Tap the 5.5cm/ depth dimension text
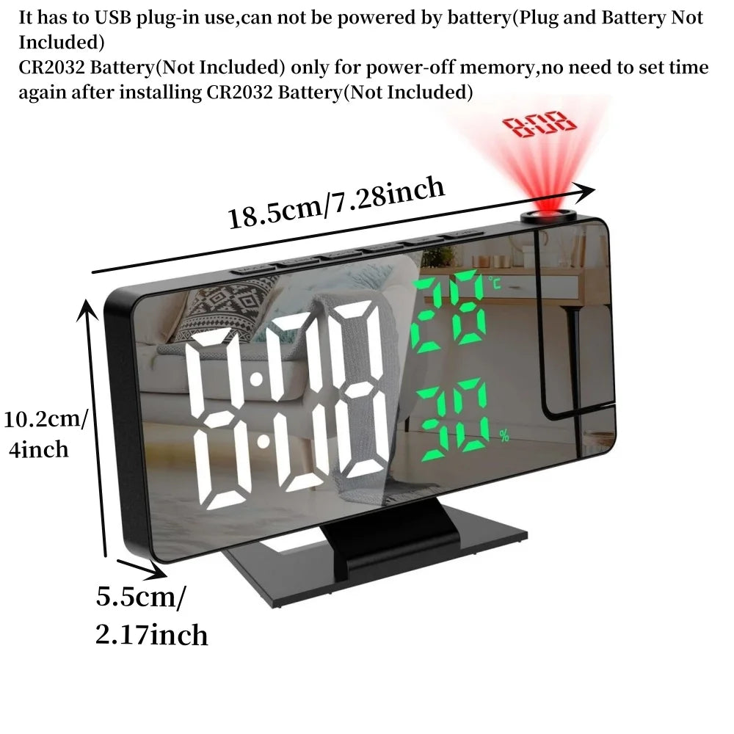(141, 597)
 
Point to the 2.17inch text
(151, 635)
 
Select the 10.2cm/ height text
(46, 419)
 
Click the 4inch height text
(38, 450)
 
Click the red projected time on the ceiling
(539, 124)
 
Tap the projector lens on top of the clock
(548, 216)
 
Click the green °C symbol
(494, 282)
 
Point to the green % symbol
(504, 436)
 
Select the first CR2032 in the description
(51, 68)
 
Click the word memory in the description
(497, 68)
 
